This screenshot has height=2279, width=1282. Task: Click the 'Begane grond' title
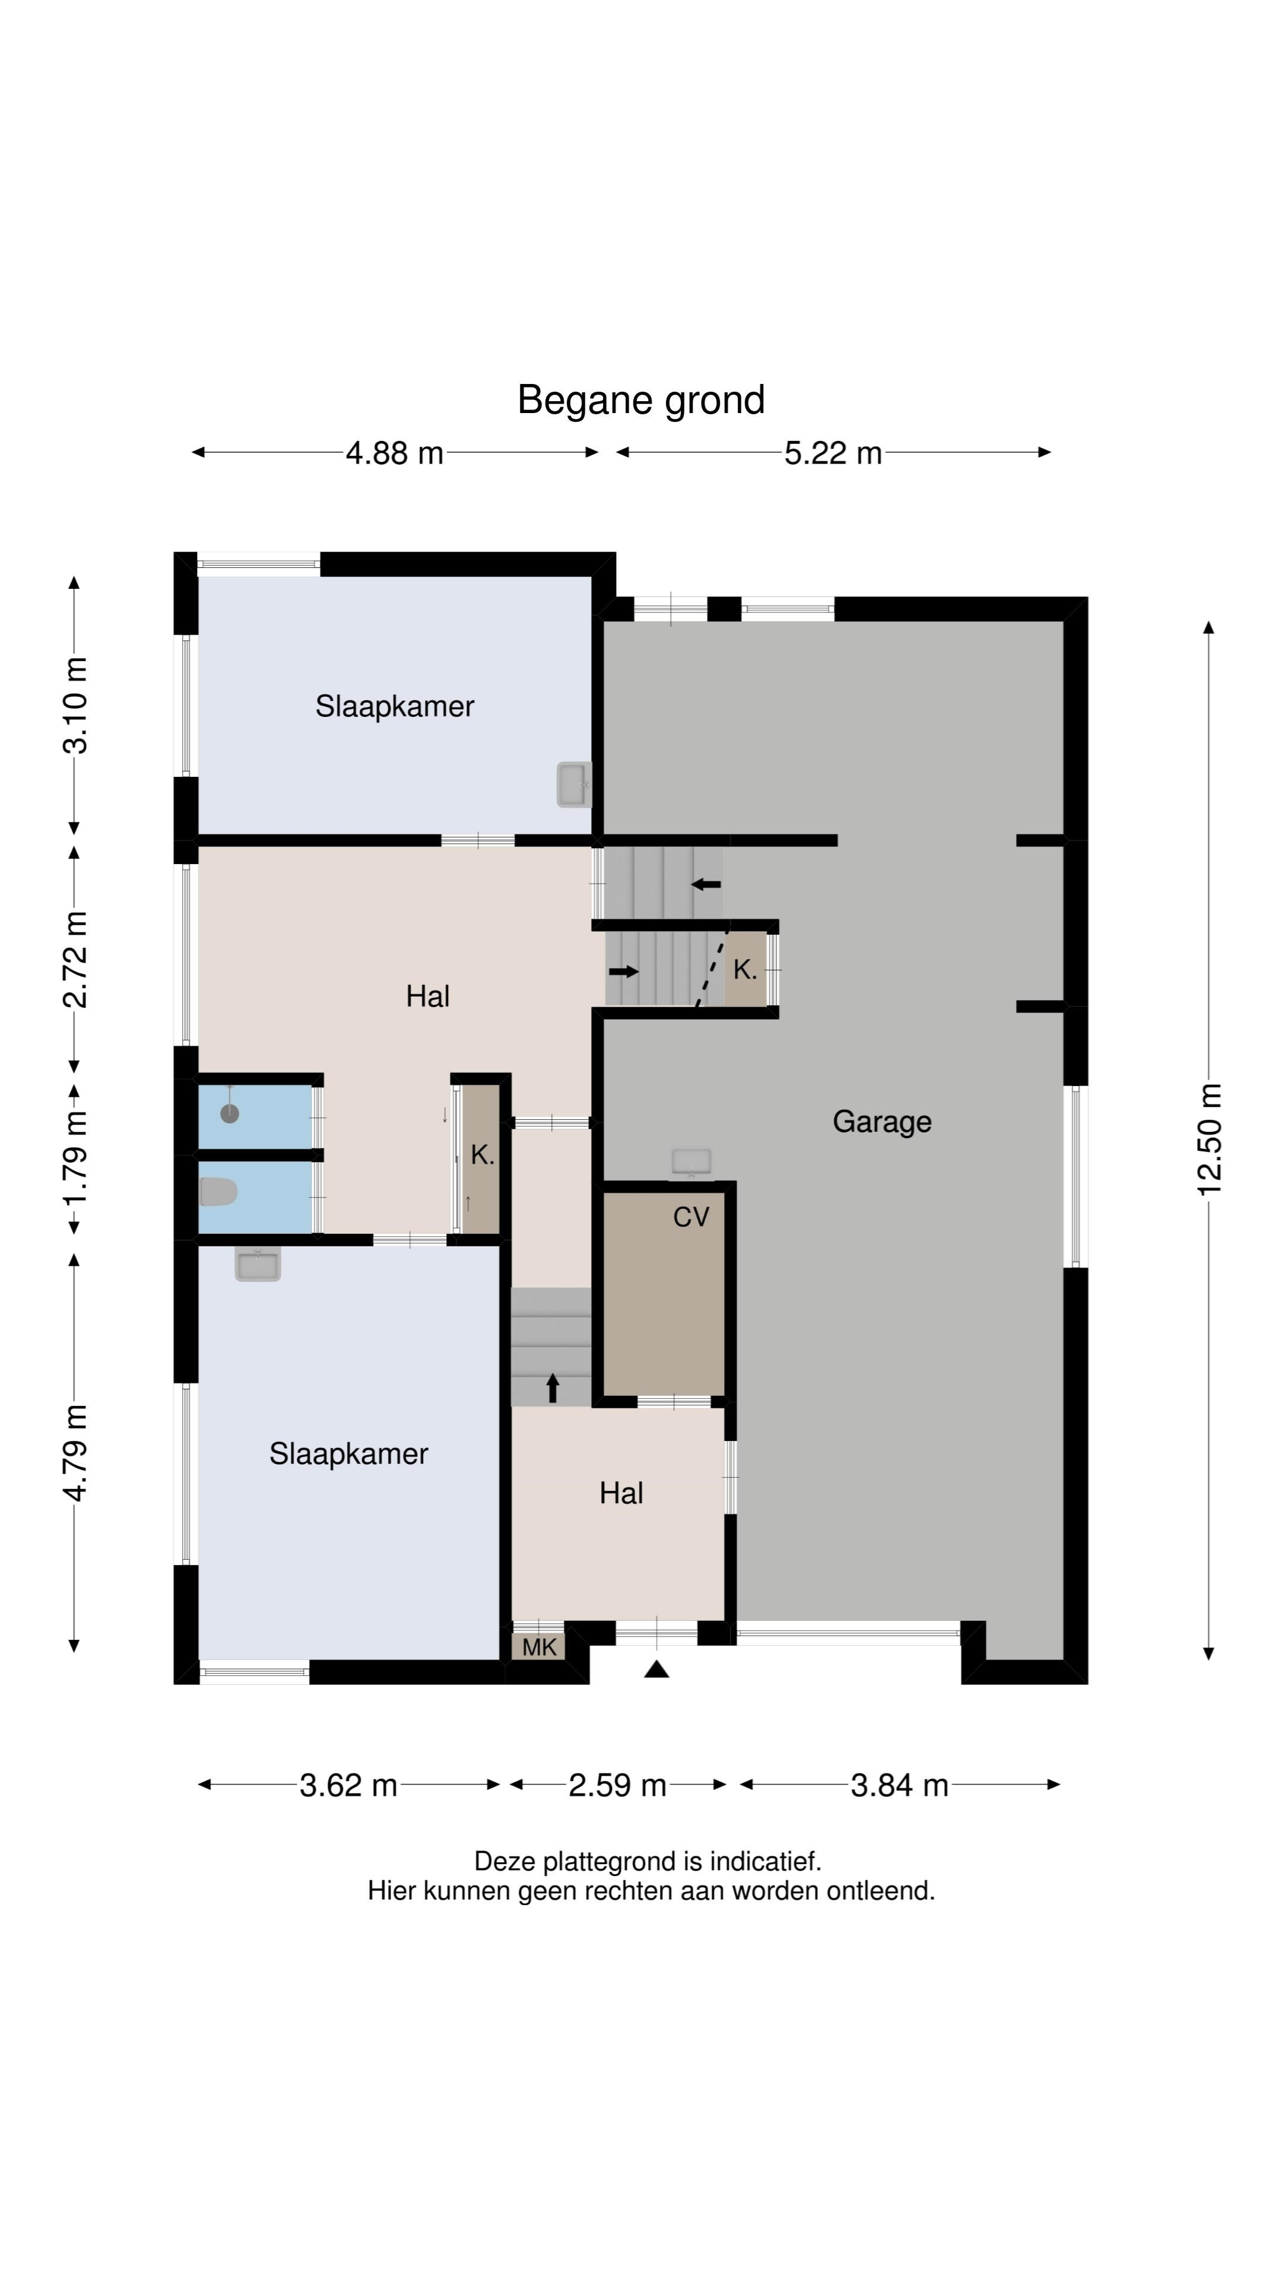click(x=640, y=400)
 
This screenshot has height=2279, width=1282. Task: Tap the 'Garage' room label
click(x=881, y=1122)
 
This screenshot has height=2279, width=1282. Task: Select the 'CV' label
click(x=691, y=1217)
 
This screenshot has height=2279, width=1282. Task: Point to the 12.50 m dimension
click(x=1210, y=1139)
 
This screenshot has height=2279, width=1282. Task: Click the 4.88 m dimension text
click(x=395, y=453)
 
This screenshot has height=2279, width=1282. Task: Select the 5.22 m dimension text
click(x=833, y=453)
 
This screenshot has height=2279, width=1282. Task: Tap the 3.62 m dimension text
click(x=348, y=1785)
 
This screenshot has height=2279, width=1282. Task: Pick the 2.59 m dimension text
click(x=617, y=1785)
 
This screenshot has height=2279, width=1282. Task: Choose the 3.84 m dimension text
click(x=900, y=1785)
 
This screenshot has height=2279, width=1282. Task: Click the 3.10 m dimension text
click(x=75, y=705)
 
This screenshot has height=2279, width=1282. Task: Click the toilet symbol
click(x=218, y=1192)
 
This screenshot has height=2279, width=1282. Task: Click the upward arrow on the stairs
click(x=553, y=1387)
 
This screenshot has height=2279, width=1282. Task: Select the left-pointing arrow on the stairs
click(x=706, y=884)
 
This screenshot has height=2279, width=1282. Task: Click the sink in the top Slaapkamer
click(x=573, y=785)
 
